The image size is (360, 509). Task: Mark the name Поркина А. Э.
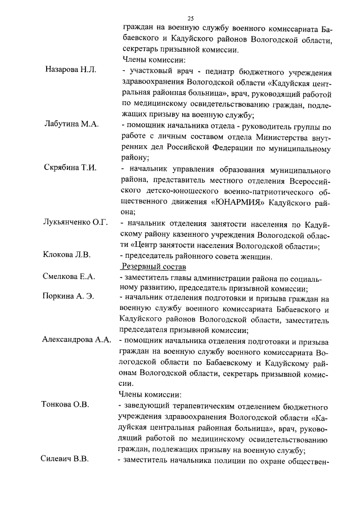68,296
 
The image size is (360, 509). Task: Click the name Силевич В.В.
65,460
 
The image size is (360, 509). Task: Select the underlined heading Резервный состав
150,266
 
